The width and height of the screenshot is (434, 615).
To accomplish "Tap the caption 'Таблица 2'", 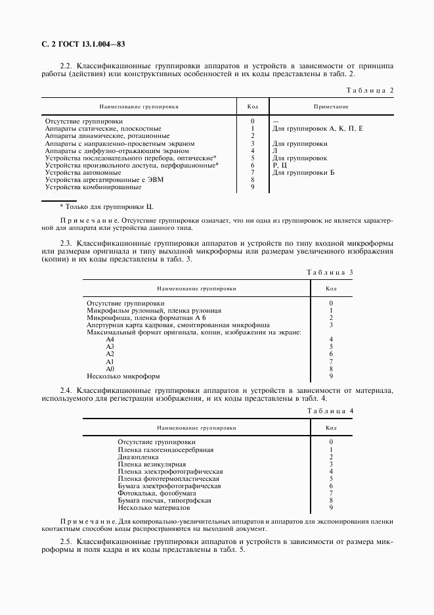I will point(370,90).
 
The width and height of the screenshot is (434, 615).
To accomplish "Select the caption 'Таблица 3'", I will point(330,271).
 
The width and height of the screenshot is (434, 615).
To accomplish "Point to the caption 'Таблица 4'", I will point(330,411).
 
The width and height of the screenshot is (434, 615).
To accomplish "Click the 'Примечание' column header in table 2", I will point(330,106).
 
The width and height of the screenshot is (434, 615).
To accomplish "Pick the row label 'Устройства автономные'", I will point(83,172).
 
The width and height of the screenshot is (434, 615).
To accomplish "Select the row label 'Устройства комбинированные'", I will point(93,187).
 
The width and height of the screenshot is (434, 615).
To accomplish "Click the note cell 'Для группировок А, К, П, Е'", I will point(317,129).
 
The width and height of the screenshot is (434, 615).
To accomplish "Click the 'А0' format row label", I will point(110,369).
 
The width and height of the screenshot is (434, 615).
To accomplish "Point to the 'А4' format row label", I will point(110,340).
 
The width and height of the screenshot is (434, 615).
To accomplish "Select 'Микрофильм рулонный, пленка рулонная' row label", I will point(154,310).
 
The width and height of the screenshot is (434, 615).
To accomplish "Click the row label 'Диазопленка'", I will point(138,457).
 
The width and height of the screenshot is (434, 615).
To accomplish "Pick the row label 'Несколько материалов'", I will point(154,508).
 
